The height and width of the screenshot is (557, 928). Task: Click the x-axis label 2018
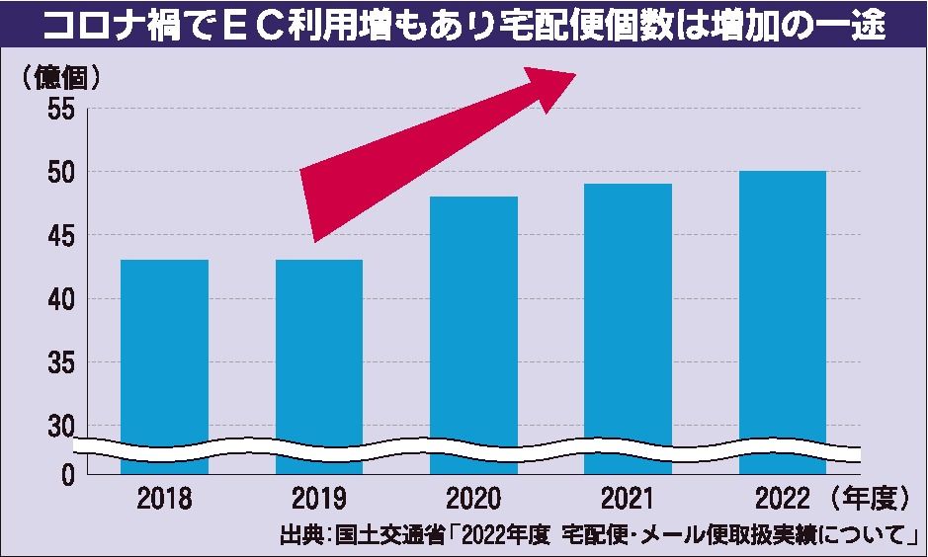point(165,497)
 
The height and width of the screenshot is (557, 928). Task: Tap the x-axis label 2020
point(473,497)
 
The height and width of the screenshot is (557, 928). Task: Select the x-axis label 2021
point(629,497)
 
